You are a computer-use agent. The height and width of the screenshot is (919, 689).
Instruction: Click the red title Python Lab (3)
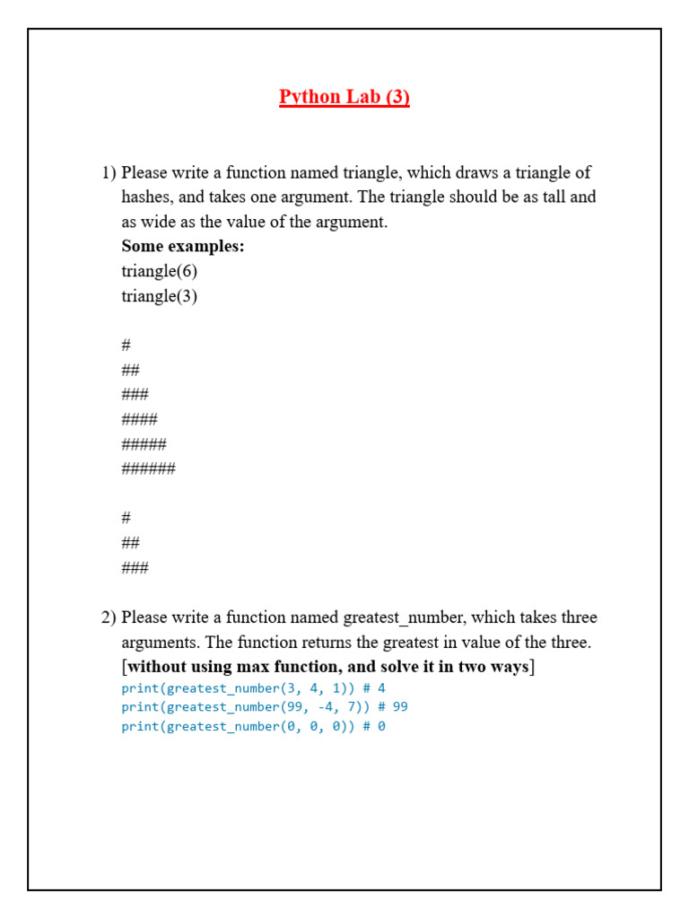tap(344, 97)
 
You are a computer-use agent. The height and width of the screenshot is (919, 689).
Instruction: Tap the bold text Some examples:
tap(183, 246)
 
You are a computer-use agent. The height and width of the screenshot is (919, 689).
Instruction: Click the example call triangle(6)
tap(160, 271)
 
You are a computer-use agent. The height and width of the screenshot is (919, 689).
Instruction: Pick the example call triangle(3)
tap(160, 296)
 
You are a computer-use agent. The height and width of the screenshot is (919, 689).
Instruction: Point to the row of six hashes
tap(149, 468)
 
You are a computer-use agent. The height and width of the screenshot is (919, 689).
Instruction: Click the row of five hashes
tap(144, 443)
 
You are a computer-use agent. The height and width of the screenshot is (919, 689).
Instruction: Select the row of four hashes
tap(140, 419)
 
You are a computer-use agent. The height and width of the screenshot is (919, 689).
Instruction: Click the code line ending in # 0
tap(253, 727)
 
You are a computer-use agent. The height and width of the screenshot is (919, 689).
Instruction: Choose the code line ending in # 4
tap(253, 688)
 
